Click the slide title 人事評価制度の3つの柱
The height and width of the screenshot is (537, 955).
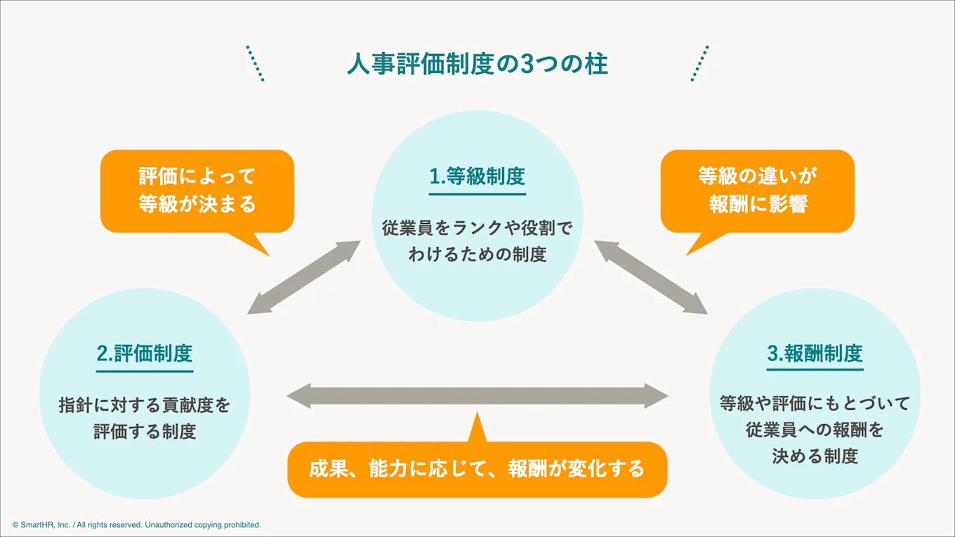(x=477, y=64)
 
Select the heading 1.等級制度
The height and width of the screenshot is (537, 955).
(x=477, y=175)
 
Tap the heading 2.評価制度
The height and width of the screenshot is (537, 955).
(x=145, y=353)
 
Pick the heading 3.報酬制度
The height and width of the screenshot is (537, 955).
(x=815, y=353)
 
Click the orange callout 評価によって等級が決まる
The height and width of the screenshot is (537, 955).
(x=197, y=190)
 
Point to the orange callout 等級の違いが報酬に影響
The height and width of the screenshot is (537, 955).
(x=758, y=190)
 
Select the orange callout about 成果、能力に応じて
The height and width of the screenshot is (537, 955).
(x=477, y=469)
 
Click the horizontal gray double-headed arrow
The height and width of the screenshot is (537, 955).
(x=477, y=396)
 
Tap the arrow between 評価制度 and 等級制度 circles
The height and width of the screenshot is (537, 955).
(x=305, y=277)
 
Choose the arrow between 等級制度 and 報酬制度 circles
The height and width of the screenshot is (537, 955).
(x=650, y=277)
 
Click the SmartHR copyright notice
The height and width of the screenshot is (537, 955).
(x=136, y=524)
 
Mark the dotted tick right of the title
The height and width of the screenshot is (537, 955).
(x=699, y=64)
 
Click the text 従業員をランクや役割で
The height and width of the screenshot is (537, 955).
(x=477, y=228)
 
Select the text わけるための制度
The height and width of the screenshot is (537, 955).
(x=477, y=254)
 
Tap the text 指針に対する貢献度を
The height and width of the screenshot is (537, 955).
(x=145, y=405)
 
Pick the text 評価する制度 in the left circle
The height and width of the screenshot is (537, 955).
(x=145, y=431)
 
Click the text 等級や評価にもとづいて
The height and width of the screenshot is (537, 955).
(x=815, y=403)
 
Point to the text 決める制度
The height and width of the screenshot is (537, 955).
(x=815, y=456)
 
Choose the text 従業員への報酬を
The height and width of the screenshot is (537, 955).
(x=815, y=430)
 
